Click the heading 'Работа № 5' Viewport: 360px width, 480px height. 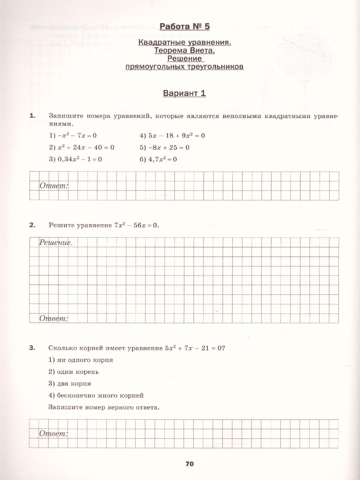click(184, 27)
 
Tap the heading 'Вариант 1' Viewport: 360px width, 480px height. click(184, 93)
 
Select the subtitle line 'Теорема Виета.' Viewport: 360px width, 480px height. click(184, 50)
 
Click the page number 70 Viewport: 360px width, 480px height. click(190, 464)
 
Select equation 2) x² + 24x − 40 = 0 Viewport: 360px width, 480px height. click(82, 147)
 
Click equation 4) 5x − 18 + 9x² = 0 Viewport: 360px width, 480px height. click(172, 136)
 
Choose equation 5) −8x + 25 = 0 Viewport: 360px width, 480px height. click(164, 147)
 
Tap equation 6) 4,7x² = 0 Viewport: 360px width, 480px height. click(158, 159)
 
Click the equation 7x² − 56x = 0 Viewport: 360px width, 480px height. click(136, 225)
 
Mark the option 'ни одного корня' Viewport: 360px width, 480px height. click(81, 360)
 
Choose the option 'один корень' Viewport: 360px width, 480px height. click(74, 372)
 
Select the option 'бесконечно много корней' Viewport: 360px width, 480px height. click(96, 396)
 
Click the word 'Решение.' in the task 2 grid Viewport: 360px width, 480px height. click(56, 242)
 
